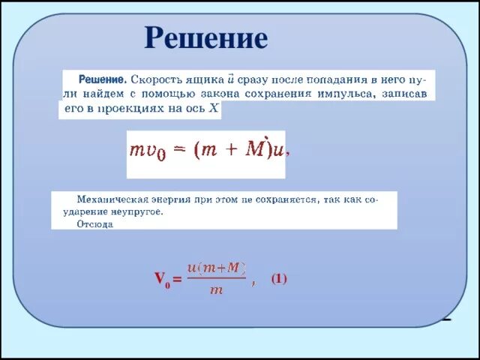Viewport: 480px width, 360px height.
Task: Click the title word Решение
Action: click(205, 38)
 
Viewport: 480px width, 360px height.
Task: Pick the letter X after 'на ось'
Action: click(214, 108)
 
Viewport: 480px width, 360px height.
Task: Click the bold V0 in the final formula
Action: click(162, 280)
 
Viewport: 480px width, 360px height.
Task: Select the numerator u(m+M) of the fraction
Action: click(217, 267)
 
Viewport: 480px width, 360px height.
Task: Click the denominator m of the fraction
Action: click(216, 290)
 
